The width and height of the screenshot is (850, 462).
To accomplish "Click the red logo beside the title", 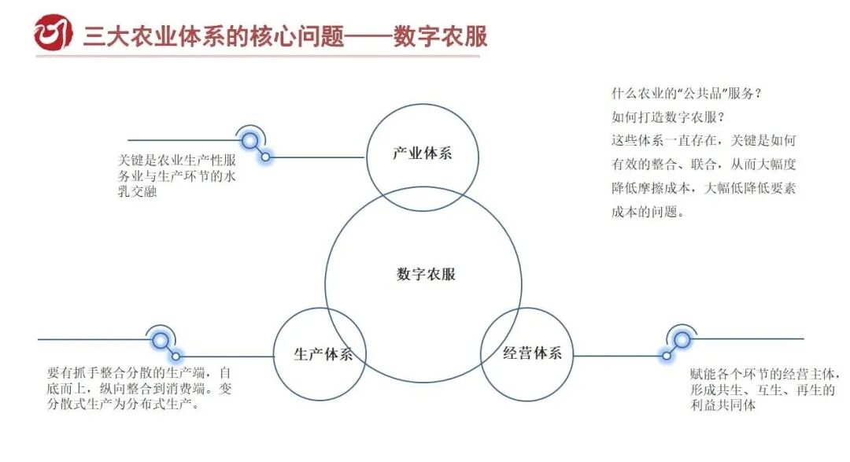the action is tap(53, 33).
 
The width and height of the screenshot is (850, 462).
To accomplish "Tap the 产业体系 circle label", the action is tap(423, 153).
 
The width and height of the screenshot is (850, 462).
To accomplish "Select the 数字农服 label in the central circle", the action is tap(426, 275).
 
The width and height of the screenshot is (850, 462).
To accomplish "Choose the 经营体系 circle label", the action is tap(533, 353).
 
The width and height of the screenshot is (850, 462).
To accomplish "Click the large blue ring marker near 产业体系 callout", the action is tap(250, 142).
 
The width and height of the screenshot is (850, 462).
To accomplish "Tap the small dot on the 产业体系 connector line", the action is tap(266, 157).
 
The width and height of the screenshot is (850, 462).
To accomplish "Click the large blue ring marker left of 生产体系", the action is tap(161, 340).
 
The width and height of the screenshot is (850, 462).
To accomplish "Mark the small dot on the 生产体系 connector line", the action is tap(176, 357).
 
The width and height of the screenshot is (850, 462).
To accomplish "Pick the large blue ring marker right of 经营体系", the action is tap(682, 339).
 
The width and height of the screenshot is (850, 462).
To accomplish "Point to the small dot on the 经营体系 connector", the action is tap(667, 355).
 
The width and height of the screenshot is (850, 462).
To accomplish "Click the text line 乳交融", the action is tap(138, 192).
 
